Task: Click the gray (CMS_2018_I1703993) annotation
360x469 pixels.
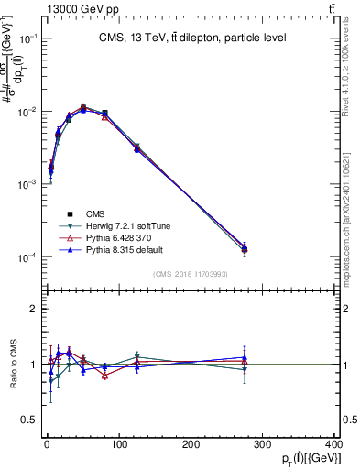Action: coord(190,273)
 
